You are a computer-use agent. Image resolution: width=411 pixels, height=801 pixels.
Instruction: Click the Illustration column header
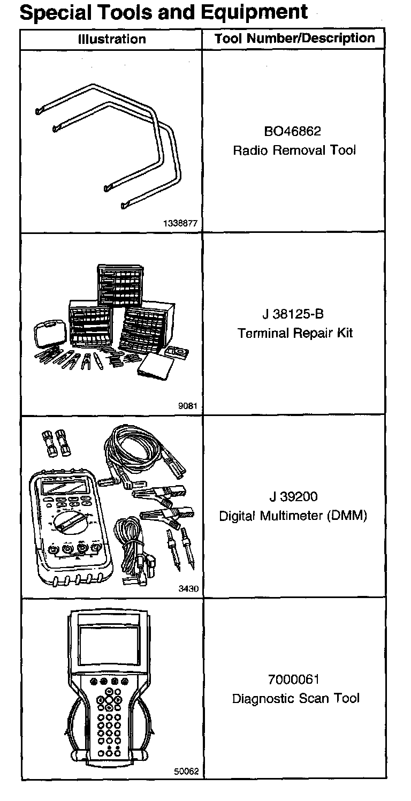[111, 39]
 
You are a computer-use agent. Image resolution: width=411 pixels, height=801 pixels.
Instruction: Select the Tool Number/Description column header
[294, 39]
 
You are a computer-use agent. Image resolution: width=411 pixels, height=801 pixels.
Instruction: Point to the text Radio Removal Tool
[294, 150]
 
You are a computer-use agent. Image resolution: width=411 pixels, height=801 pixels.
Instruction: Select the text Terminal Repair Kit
[295, 333]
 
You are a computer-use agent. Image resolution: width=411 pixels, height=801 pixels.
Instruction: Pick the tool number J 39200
[294, 497]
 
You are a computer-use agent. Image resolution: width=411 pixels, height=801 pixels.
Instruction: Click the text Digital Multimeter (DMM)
[294, 516]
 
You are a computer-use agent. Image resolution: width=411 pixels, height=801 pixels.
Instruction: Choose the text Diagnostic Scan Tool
[295, 699]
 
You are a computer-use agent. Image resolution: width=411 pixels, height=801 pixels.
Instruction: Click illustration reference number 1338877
[184, 225]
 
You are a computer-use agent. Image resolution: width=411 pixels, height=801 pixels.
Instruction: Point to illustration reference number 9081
[188, 406]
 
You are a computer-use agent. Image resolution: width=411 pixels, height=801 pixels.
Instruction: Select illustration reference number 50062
[186, 772]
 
